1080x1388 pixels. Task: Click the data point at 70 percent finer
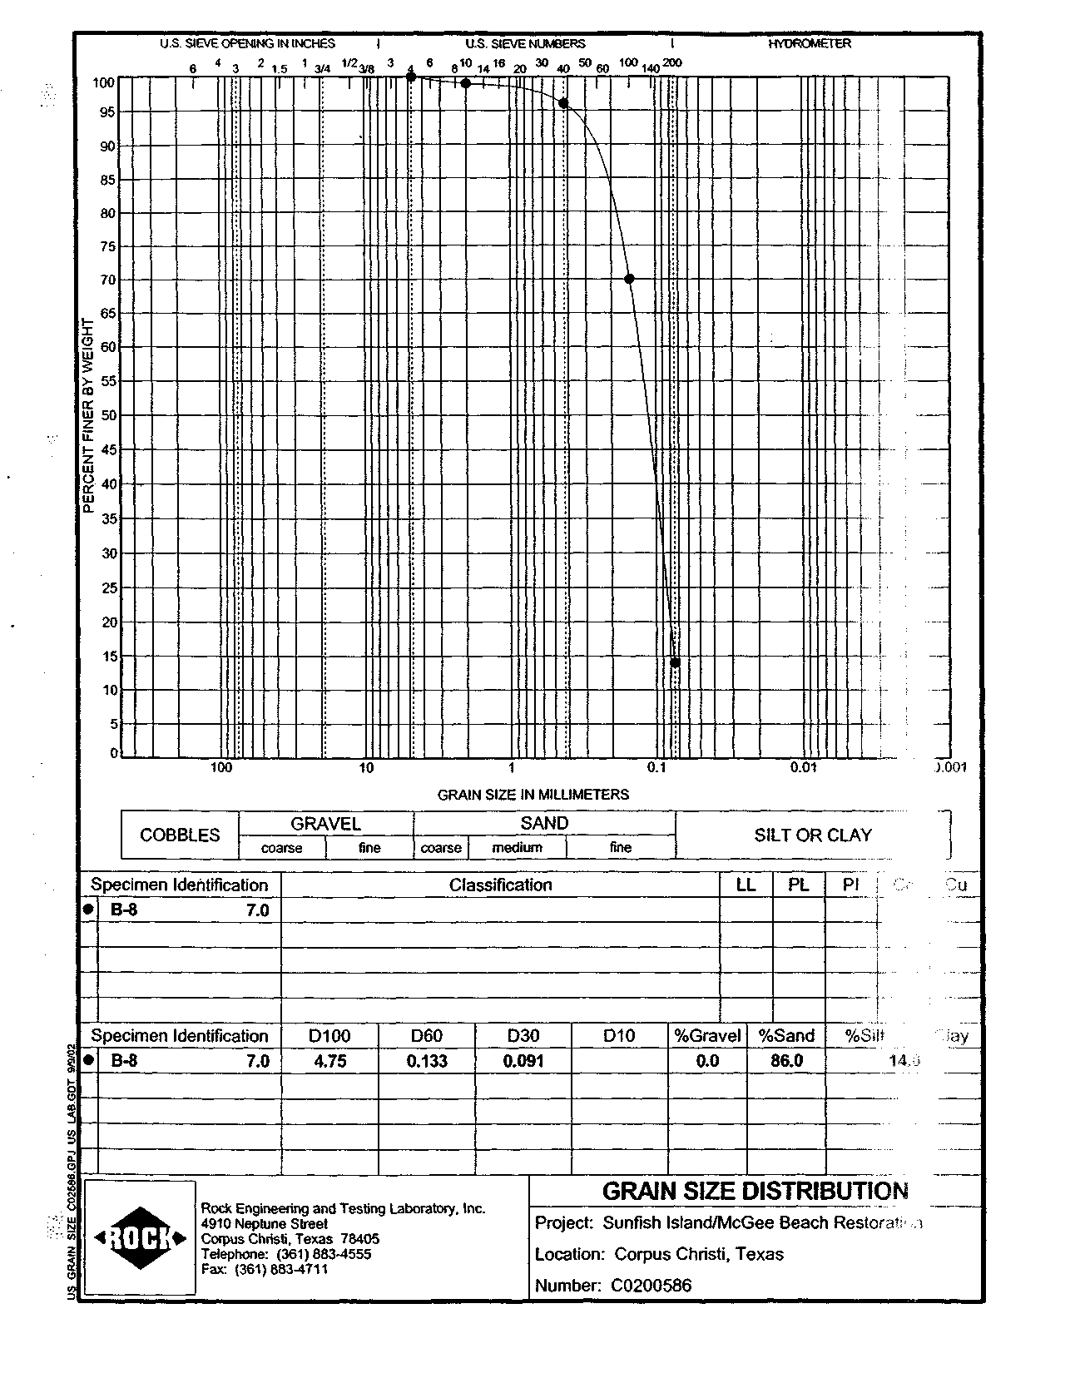[629, 279]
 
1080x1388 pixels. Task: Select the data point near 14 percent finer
[675, 662]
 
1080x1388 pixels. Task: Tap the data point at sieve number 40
[563, 103]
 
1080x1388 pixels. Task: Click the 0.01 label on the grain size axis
[803, 767]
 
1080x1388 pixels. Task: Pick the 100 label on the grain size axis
[220, 767]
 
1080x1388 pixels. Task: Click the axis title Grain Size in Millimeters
[533, 794]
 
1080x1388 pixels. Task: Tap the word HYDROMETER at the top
[810, 43]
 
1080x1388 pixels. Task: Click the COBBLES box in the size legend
[180, 835]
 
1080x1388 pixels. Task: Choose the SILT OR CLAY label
[812, 835]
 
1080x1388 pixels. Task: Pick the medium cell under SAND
[517, 847]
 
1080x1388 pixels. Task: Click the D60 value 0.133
[427, 1061]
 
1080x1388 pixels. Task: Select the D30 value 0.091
[523, 1061]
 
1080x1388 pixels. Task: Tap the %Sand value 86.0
[786, 1061]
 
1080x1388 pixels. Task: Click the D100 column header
[329, 1036]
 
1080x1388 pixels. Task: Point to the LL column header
[746, 885]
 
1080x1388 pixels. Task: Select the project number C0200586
[651, 1285]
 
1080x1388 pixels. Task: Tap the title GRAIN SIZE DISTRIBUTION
[755, 1191]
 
